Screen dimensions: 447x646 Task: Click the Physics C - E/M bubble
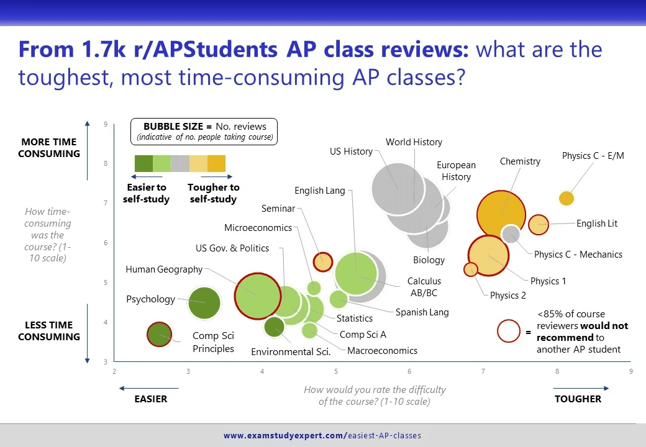tap(566, 199)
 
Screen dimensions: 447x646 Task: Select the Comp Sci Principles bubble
tap(160, 335)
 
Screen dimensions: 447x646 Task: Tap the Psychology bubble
tap(204, 304)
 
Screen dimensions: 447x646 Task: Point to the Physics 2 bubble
tap(471, 269)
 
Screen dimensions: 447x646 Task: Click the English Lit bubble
tap(539, 224)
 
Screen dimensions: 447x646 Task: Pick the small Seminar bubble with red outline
tap(322, 261)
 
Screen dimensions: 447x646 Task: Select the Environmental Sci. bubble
tap(274, 327)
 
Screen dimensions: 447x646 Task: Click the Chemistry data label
tap(520, 161)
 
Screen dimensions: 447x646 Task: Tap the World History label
tap(414, 142)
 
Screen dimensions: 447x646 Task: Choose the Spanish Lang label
tap(422, 312)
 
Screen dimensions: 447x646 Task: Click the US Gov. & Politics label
tap(232, 248)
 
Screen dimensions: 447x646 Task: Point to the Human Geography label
tap(164, 269)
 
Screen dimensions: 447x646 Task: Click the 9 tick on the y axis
tap(106, 125)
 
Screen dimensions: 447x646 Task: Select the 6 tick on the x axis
tap(409, 372)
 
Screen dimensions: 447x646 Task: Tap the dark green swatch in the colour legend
tap(143, 164)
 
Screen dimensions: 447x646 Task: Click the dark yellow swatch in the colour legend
tap(216, 164)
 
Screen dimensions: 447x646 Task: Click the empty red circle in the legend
tap(509, 331)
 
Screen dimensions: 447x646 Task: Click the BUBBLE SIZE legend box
tap(204, 131)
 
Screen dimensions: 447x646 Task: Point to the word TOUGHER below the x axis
tap(578, 399)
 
